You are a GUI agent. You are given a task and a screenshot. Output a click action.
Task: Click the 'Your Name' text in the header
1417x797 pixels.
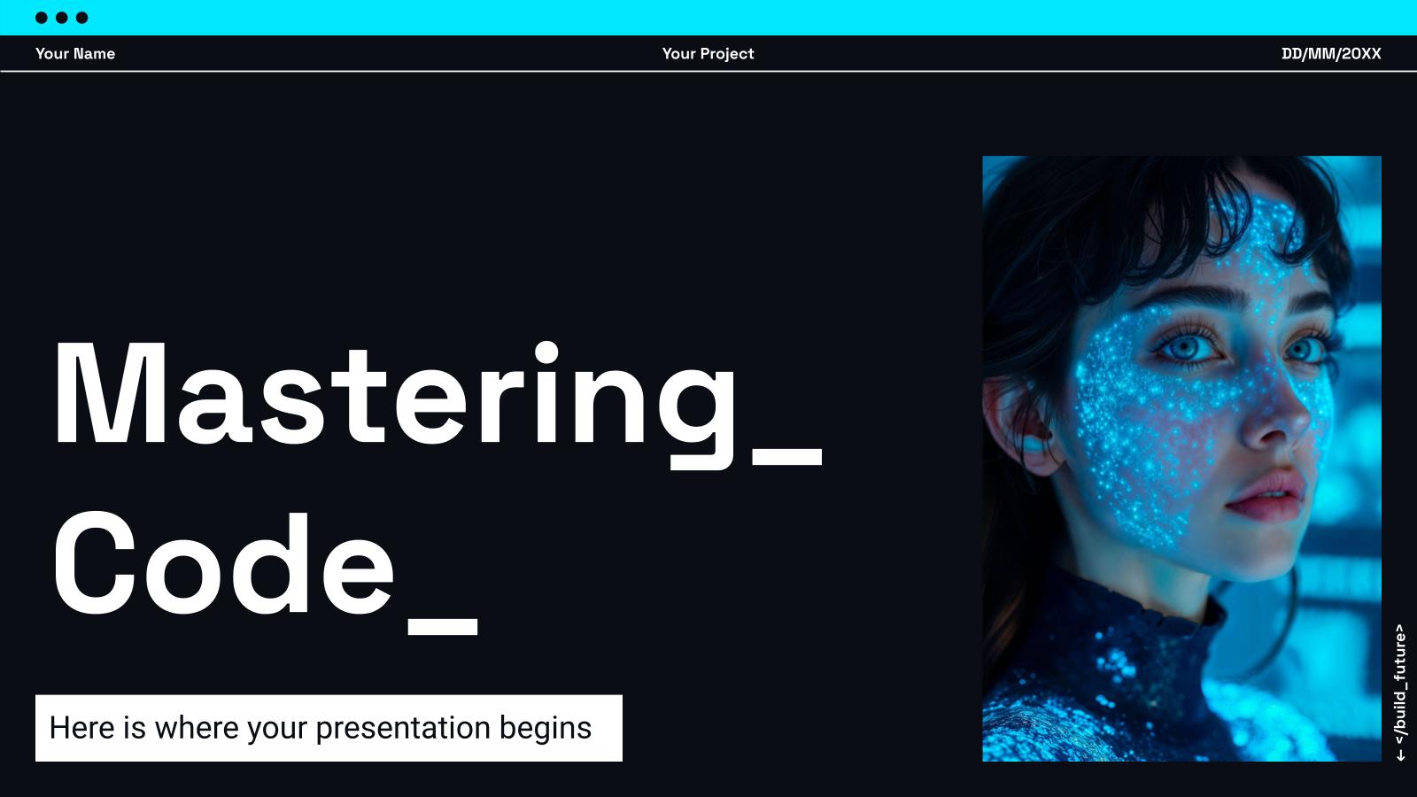click(x=75, y=53)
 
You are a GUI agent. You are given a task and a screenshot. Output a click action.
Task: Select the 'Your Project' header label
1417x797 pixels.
click(x=708, y=53)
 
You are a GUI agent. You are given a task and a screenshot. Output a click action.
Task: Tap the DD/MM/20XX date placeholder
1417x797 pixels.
click(x=1330, y=53)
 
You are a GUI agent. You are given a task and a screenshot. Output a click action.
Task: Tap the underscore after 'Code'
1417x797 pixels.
click(x=443, y=627)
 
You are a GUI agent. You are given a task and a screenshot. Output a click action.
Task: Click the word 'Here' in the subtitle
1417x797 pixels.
click(x=82, y=728)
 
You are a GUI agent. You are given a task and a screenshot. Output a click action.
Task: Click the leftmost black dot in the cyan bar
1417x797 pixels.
click(x=42, y=18)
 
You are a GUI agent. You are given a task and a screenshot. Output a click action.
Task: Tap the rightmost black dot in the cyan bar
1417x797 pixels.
click(x=82, y=18)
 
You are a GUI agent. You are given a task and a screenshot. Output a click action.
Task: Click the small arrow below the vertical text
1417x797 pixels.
click(x=1399, y=754)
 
